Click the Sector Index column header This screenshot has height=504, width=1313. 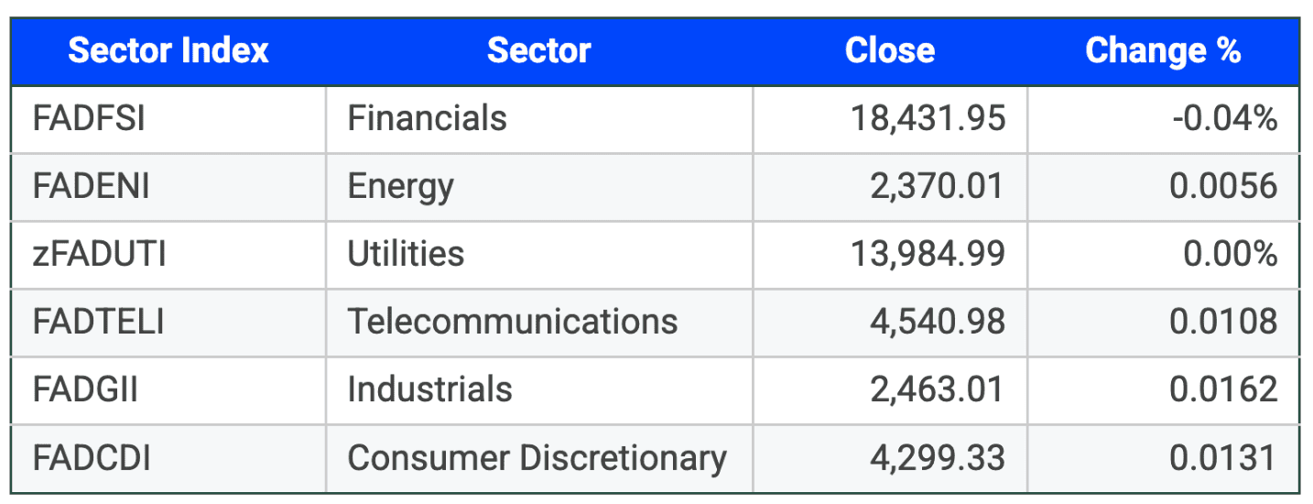(x=168, y=51)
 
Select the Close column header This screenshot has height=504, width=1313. (x=889, y=51)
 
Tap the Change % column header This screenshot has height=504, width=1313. (x=1162, y=51)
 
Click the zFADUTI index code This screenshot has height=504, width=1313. (x=99, y=254)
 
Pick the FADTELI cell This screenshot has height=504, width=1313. (x=98, y=322)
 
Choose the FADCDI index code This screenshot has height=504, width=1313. (x=92, y=457)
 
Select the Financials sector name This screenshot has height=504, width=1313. (x=427, y=118)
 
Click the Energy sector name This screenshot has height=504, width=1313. (x=400, y=186)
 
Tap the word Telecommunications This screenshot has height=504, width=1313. (x=513, y=322)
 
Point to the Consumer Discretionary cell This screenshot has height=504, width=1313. (x=537, y=457)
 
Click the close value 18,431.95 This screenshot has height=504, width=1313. (x=928, y=118)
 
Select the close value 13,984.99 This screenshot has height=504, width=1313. (x=928, y=254)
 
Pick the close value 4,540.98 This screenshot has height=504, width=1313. (x=938, y=322)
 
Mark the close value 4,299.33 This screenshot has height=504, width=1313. (x=938, y=457)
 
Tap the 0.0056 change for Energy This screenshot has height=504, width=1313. (x=1222, y=186)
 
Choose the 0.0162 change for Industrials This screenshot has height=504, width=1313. (x=1222, y=389)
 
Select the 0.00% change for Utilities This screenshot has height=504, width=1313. (x=1230, y=254)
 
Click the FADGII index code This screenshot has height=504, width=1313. (x=85, y=389)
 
